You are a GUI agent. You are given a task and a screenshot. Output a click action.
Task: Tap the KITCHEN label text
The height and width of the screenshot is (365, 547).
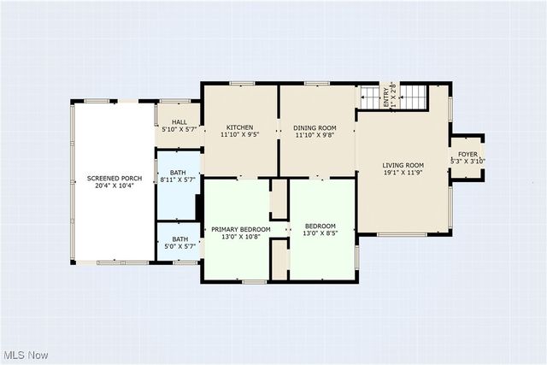[x=239, y=127]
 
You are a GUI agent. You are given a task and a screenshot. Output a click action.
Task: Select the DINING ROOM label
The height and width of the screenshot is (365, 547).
[x=316, y=127]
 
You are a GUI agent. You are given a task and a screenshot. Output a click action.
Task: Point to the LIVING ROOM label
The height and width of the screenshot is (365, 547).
[x=403, y=165]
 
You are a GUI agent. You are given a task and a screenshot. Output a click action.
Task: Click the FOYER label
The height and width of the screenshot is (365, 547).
[x=468, y=154]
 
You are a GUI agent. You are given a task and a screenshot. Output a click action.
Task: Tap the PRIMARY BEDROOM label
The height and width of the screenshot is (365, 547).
[x=240, y=229]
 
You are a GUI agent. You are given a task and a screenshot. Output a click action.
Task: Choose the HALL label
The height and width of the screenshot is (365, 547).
[x=179, y=122]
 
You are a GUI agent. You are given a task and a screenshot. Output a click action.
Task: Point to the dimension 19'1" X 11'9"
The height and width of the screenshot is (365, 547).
[x=403, y=173]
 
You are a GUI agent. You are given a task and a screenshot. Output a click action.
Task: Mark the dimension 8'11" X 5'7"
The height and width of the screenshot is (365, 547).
[x=179, y=180]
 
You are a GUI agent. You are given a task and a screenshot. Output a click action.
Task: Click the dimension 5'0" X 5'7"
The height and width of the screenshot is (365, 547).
[x=179, y=246]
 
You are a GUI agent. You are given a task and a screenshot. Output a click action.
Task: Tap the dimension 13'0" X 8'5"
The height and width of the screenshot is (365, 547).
[x=321, y=233]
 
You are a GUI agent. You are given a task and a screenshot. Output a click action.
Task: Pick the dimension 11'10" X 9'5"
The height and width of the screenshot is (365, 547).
[x=239, y=134]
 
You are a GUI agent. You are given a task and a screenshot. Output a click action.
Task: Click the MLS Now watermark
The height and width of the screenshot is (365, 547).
[x=25, y=355]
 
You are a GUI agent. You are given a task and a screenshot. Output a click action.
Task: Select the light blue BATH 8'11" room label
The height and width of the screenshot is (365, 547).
[x=179, y=173]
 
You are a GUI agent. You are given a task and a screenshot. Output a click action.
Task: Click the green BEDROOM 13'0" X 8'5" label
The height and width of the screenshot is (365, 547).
[x=321, y=226]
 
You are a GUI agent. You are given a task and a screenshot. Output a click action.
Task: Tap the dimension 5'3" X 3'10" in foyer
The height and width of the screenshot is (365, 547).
[x=468, y=161]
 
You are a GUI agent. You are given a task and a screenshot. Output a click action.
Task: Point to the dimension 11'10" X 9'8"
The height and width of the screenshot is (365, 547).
[x=316, y=134]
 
